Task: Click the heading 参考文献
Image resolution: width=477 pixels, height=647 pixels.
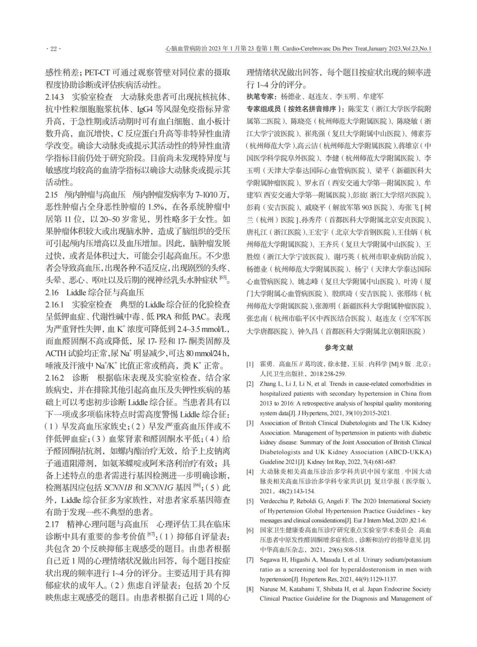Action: [x=339, y=348]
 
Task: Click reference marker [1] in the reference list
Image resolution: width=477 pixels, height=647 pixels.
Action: [x=250, y=364]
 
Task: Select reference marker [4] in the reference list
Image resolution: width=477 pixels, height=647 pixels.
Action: [x=250, y=471]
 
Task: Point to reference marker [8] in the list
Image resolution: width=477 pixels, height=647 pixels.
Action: [x=250, y=589]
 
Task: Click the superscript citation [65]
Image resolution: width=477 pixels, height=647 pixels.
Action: [x=223, y=277]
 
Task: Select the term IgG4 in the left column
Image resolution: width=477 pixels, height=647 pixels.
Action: [x=135, y=109]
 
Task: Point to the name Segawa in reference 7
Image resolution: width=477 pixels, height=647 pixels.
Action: [x=269, y=560]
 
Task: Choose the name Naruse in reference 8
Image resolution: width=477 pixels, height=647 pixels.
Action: [x=269, y=589]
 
